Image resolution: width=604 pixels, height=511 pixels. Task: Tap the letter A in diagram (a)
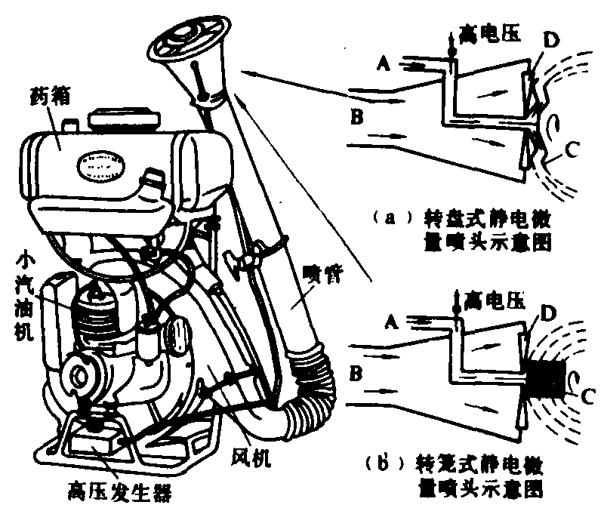(x=384, y=65)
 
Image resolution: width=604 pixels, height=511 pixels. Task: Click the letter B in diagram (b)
(x=355, y=372)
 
